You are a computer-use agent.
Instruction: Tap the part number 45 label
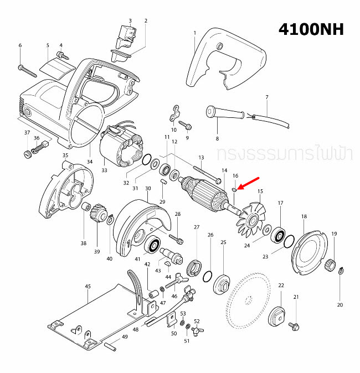(x=88, y=287)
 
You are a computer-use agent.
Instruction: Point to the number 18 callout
(x=304, y=216)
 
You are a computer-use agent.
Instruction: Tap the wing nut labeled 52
(x=196, y=330)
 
